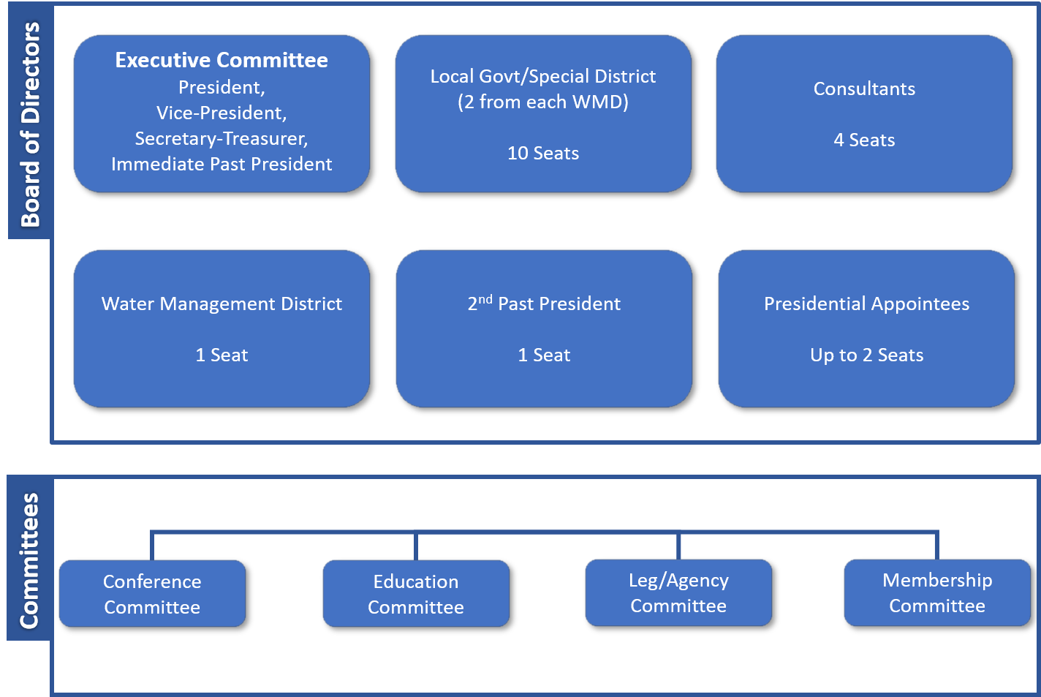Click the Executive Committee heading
pyautogui.click(x=222, y=60)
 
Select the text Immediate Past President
pyautogui.click(x=222, y=164)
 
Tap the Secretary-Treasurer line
pyautogui.click(x=222, y=138)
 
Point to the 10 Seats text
pyautogui.click(x=543, y=153)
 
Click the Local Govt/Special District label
pyautogui.click(x=543, y=76)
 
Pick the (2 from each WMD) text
pyautogui.click(x=543, y=102)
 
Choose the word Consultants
pyautogui.click(x=864, y=88)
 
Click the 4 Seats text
pyautogui.click(x=864, y=140)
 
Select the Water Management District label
pyautogui.click(x=222, y=304)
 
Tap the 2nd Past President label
pyautogui.click(x=544, y=304)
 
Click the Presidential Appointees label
pyautogui.click(x=866, y=304)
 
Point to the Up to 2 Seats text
pyautogui.click(x=866, y=355)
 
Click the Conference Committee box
pyautogui.click(x=152, y=593)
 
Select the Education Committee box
pyautogui.click(x=416, y=593)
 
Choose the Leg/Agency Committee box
pyautogui.click(x=678, y=592)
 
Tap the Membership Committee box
pyautogui.click(x=937, y=592)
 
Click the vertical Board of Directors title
pyautogui.click(x=30, y=124)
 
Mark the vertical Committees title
pyautogui.click(x=29, y=560)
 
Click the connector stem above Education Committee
pyautogui.click(x=416, y=546)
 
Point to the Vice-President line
pyautogui.click(x=222, y=113)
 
